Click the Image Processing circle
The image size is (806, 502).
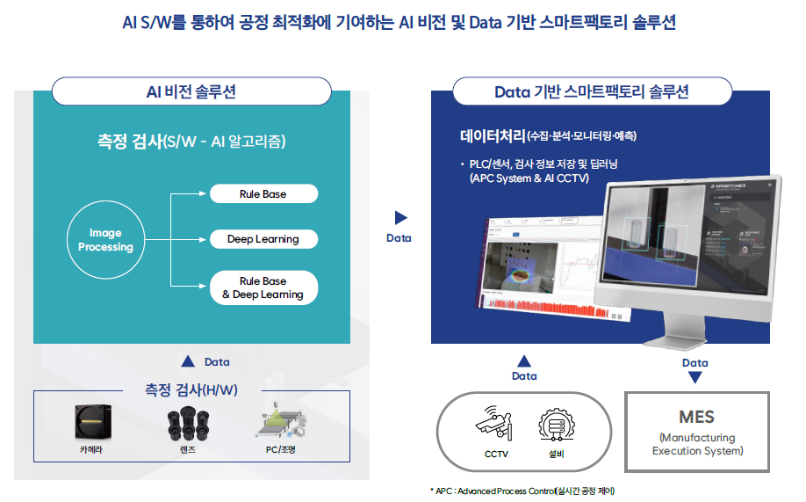(105, 240)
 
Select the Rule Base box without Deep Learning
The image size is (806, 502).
(263, 194)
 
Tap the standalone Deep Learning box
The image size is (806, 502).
(263, 239)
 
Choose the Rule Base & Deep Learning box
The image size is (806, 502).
(263, 287)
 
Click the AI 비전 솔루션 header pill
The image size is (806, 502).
(191, 91)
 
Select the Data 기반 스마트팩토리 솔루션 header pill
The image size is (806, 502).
(591, 91)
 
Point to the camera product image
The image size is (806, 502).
(93, 422)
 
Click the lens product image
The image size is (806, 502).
(186, 425)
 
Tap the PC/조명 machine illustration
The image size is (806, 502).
(280, 423)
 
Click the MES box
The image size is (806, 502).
(696, 431)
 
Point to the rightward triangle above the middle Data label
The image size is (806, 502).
(400, 218)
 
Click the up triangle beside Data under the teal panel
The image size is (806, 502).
(187, 361)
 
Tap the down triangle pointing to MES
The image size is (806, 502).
(694, 377)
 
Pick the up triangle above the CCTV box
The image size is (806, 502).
(524, 360)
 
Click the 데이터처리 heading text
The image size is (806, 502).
(492, 136)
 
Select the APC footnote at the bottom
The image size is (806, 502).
(522, 491)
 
